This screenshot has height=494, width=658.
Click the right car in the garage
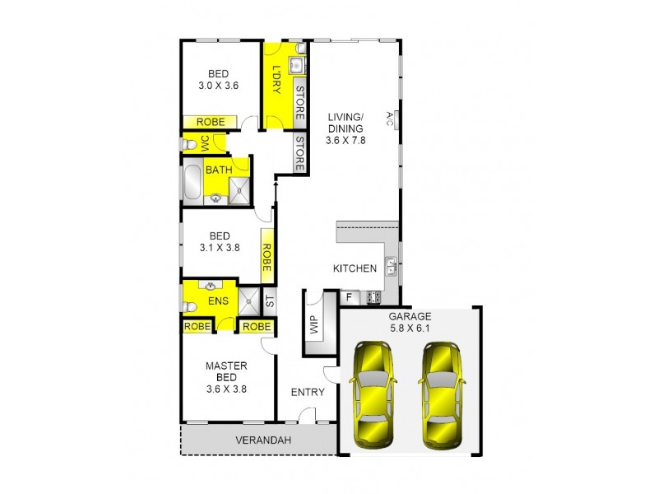(x=442, y=395)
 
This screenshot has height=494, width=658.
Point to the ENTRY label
(x=308, y=392)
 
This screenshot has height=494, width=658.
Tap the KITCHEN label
(x=354, y=268)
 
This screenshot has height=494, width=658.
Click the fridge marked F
(x=349, y=296)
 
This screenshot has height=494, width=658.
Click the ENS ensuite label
(x=218, y=301)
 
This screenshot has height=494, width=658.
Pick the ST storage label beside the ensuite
(x=269, y=301)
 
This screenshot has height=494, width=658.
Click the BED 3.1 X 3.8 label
(x=219, y=240)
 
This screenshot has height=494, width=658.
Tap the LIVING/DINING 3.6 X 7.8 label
(x=345, y=128)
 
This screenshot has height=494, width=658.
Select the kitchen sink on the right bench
(x=392, y=266)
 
